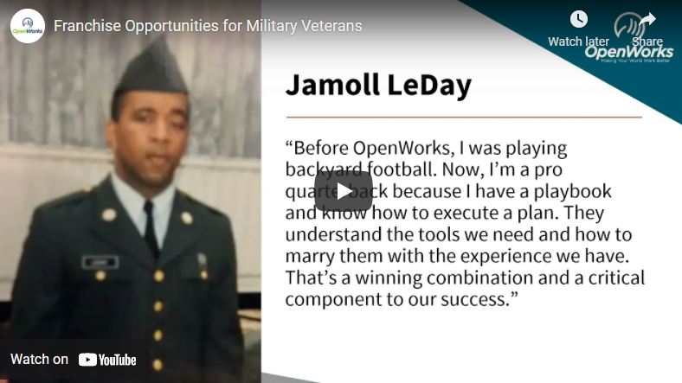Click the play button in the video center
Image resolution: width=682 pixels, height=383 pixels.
click(343, 191)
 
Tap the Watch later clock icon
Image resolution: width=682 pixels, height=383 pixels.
click(579, 20)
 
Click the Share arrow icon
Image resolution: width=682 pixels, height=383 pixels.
click(647, 20)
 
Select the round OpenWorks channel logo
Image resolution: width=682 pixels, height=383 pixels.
click(27, 26)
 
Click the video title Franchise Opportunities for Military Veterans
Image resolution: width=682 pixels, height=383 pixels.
click(208, 26)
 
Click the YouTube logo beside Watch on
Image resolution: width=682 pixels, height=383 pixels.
click(107, 360)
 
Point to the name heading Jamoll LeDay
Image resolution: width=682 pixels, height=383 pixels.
click(378, 86)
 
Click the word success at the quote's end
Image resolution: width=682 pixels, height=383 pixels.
click(479, 300)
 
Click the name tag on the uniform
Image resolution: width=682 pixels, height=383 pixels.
click(100, 261)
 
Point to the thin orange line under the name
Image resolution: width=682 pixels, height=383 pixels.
click(464, 117)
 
